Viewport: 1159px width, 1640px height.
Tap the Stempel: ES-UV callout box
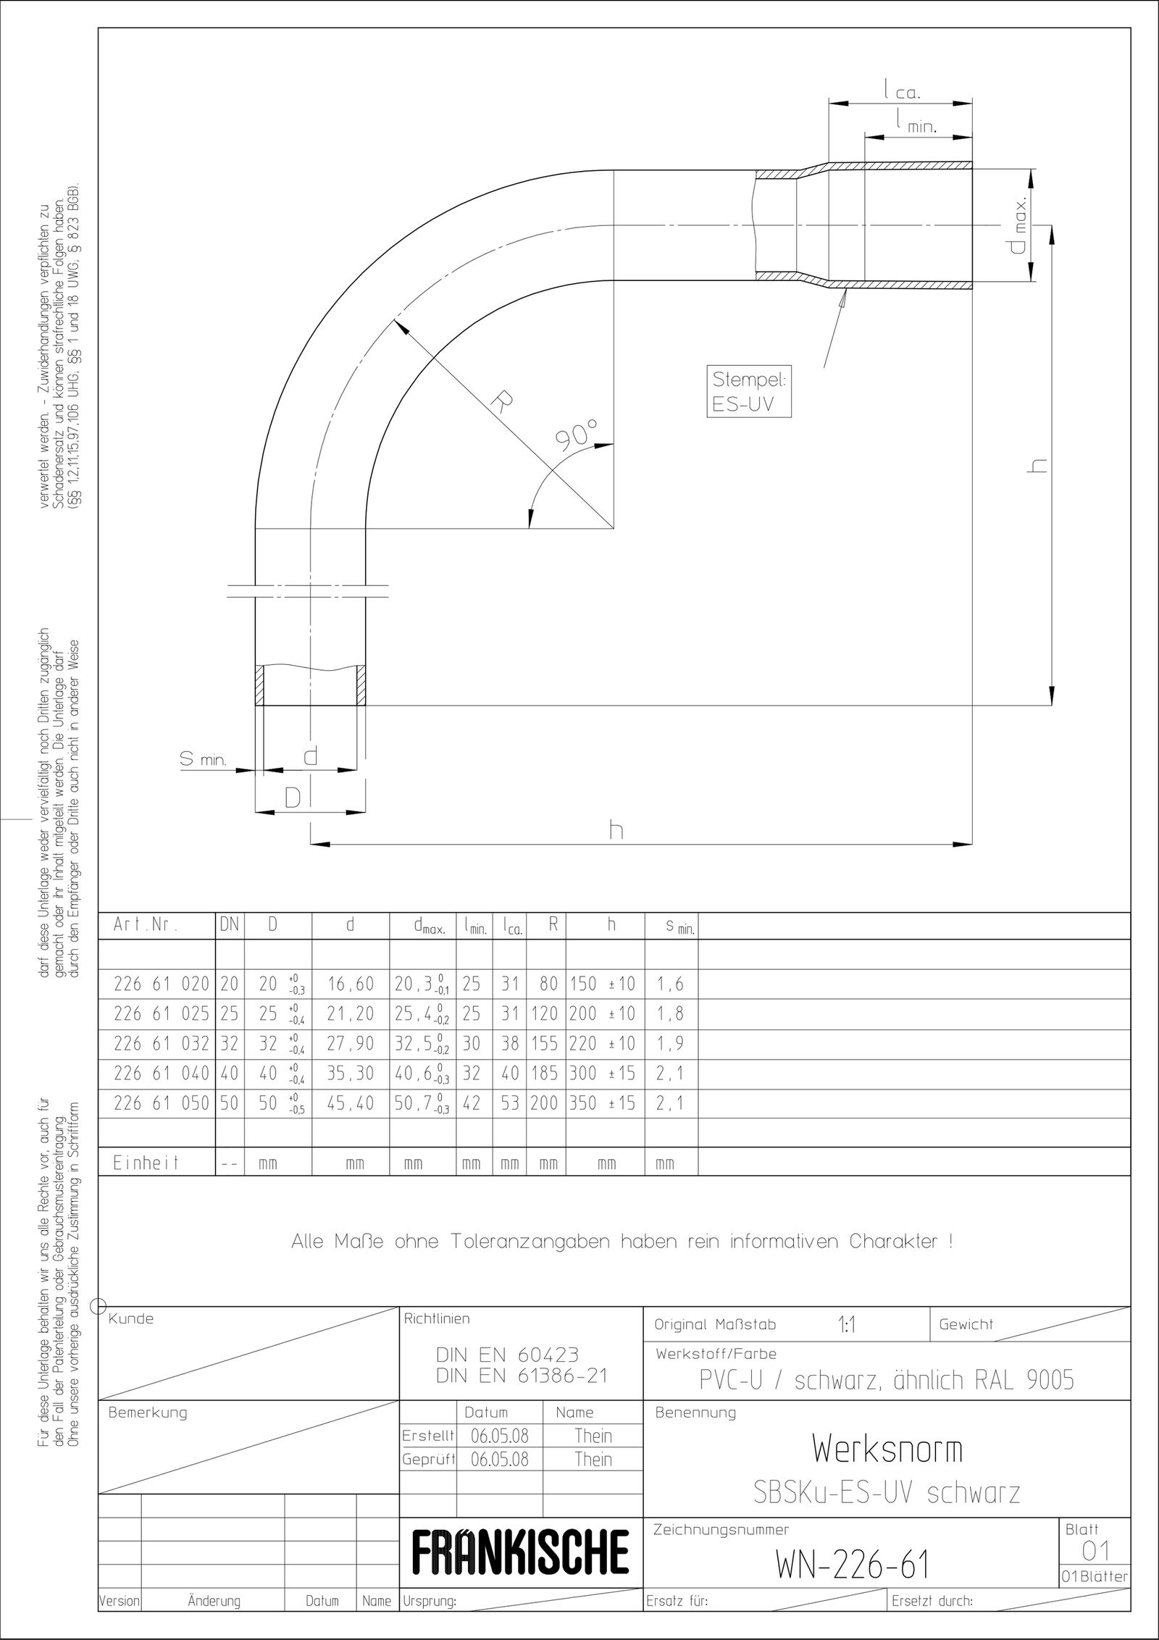(x=748, y=392)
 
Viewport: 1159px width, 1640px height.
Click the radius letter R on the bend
(x=499, y=401)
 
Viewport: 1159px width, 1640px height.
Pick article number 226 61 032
(x=161, y=1044)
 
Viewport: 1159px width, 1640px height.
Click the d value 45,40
(x=350, y=1103)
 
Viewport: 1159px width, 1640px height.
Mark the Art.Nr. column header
(x=145, y=925)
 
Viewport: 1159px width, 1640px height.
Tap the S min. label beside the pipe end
(x=204, y=760)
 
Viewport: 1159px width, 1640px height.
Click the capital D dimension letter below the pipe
(x=292, y=798)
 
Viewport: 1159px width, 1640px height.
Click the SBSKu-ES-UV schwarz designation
(x=887, y=1493)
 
